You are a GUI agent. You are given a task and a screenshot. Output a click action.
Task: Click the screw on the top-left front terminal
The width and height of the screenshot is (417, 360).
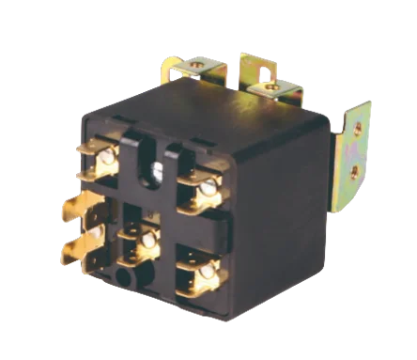[x=106, y=157]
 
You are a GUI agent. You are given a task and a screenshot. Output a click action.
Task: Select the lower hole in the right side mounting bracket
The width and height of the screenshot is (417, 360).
[x=356, y=171]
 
